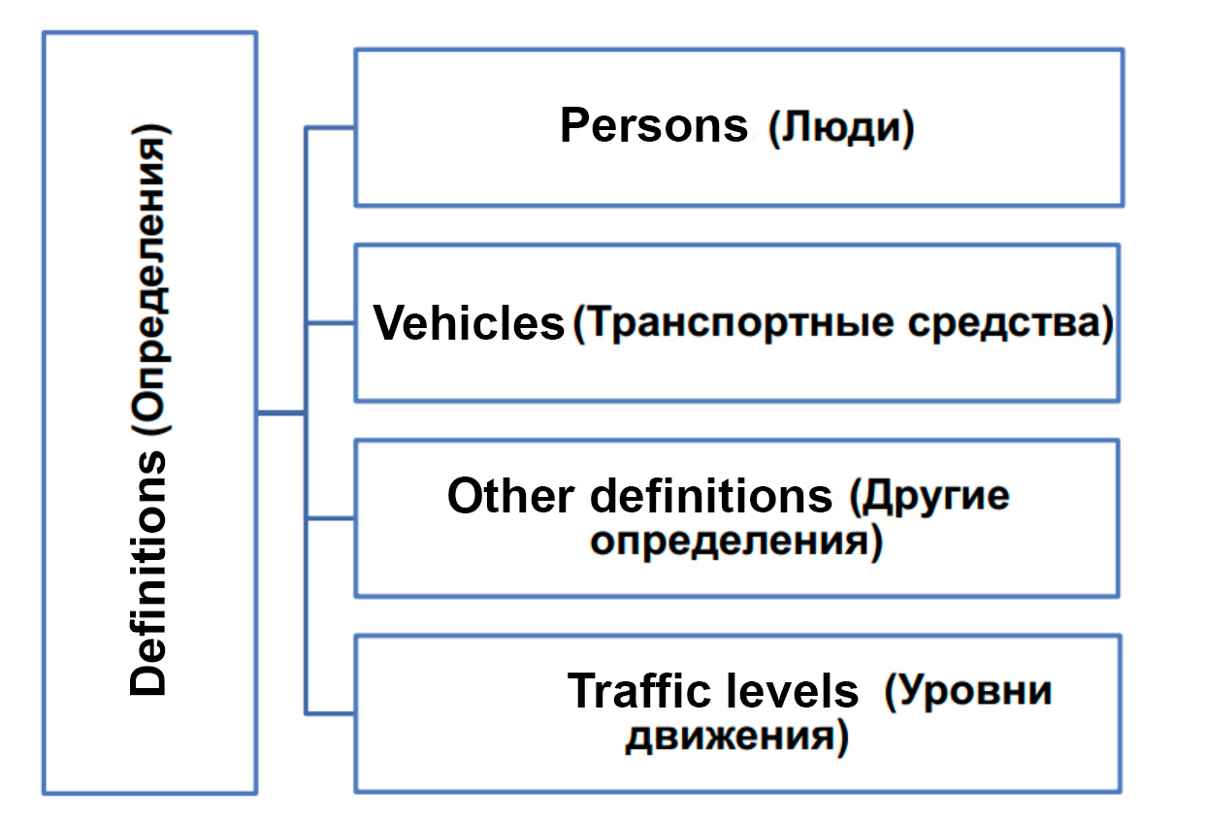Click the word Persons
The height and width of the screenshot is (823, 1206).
(x=654, y=125)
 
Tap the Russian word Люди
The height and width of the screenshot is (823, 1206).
(x=841, y=128)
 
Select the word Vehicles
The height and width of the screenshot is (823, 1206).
(x=469, y=322)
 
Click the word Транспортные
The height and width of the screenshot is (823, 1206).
(x=739, y=323)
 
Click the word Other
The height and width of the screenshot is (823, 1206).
(x=510, y=496)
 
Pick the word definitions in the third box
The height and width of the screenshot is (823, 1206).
(x=711, y=496)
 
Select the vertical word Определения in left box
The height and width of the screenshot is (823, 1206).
(x=149, y=279)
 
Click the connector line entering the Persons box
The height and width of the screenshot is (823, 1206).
(x=330, y=128)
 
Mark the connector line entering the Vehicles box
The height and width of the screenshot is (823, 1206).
(x=330, y=323)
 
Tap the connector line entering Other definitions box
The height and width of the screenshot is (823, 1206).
(x=330, y=518)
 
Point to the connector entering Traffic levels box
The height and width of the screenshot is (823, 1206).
(x=330, y=713)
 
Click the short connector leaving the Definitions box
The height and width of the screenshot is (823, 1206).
(x=281, y=413)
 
